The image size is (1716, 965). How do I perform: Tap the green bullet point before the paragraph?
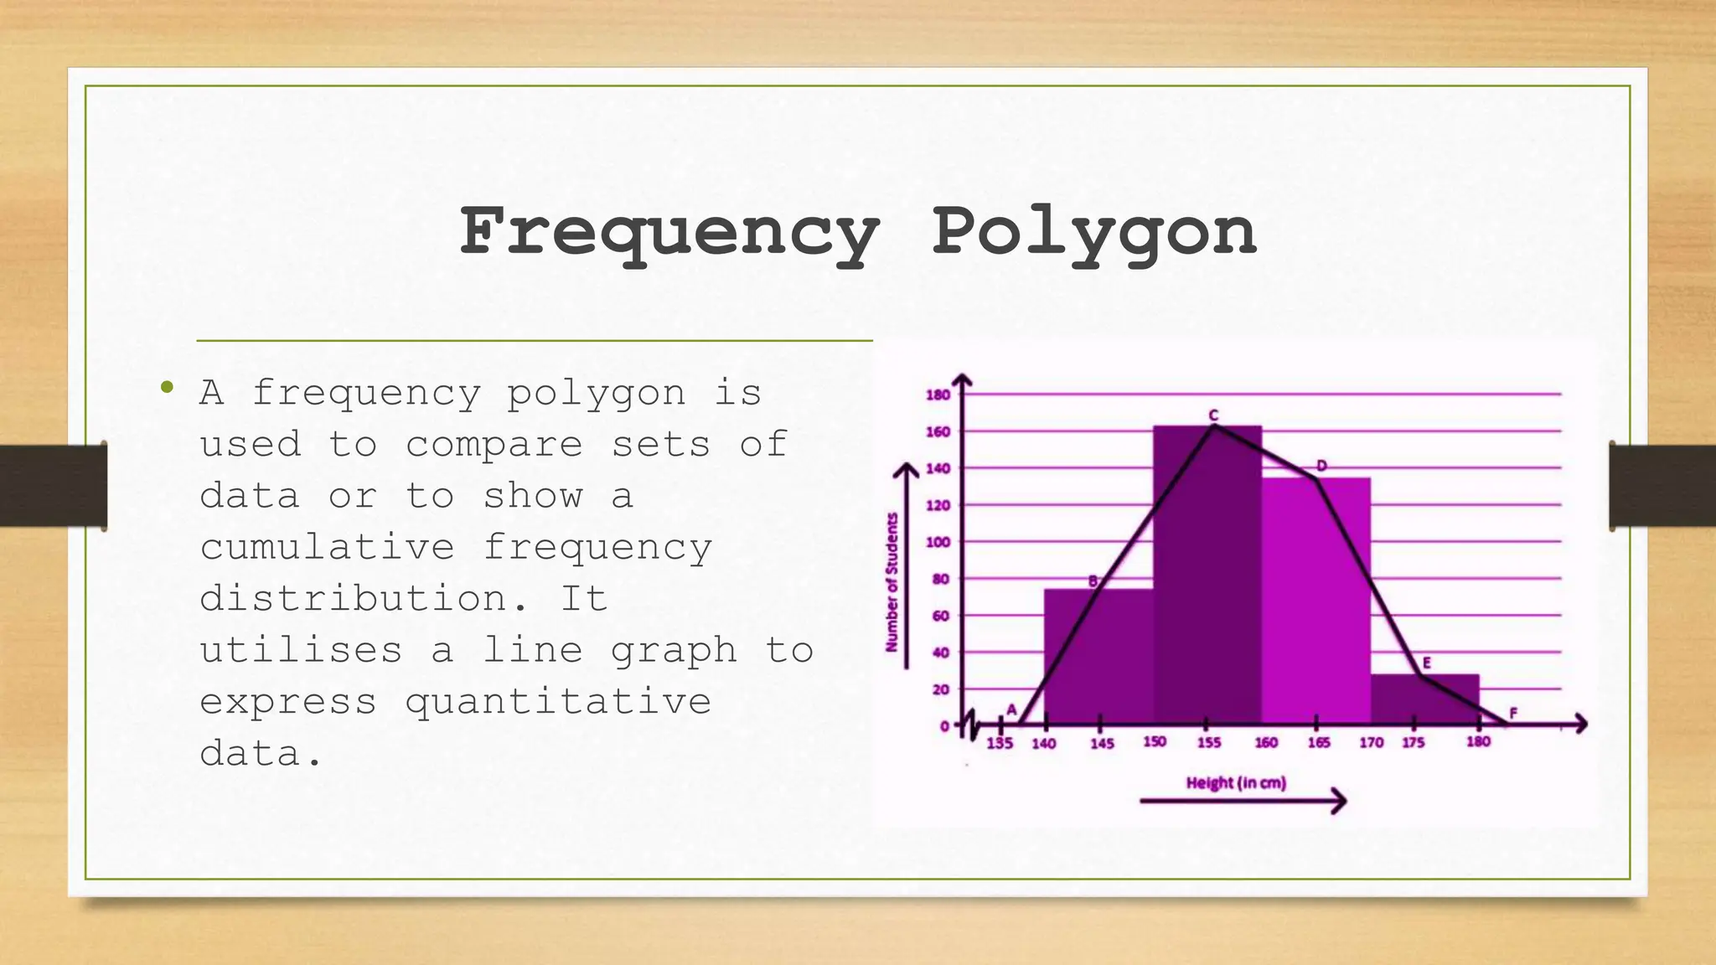click(x=167, y=387)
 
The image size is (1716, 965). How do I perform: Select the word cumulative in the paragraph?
click(x=327, y=548)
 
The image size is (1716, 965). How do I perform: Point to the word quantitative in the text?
click(x=558, y=702)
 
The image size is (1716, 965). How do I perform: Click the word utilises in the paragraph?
click(x=301, y=650)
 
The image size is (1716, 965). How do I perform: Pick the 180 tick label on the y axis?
click(x=938, y=395)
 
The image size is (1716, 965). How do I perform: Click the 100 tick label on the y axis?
click(x=938, y=542)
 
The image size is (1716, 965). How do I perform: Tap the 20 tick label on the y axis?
click(x=941, y=689)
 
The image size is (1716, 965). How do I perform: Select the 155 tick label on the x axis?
click(x=1208, y=743)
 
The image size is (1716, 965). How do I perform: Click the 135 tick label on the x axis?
click(x=1000, y=743)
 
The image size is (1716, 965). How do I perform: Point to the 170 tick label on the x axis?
click(x=1371, y=743)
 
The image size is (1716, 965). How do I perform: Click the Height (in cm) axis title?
click(x=1236, y=783)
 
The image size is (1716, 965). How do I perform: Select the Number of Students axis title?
click(x=892, y=582)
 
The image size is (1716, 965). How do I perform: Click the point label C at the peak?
click(x=1212, y=415)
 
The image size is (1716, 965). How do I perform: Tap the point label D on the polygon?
click(x=1321, y=466)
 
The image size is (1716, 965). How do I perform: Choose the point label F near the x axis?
click(x=1513, y=713)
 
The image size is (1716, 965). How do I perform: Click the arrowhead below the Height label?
click(x=1339, y=802)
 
